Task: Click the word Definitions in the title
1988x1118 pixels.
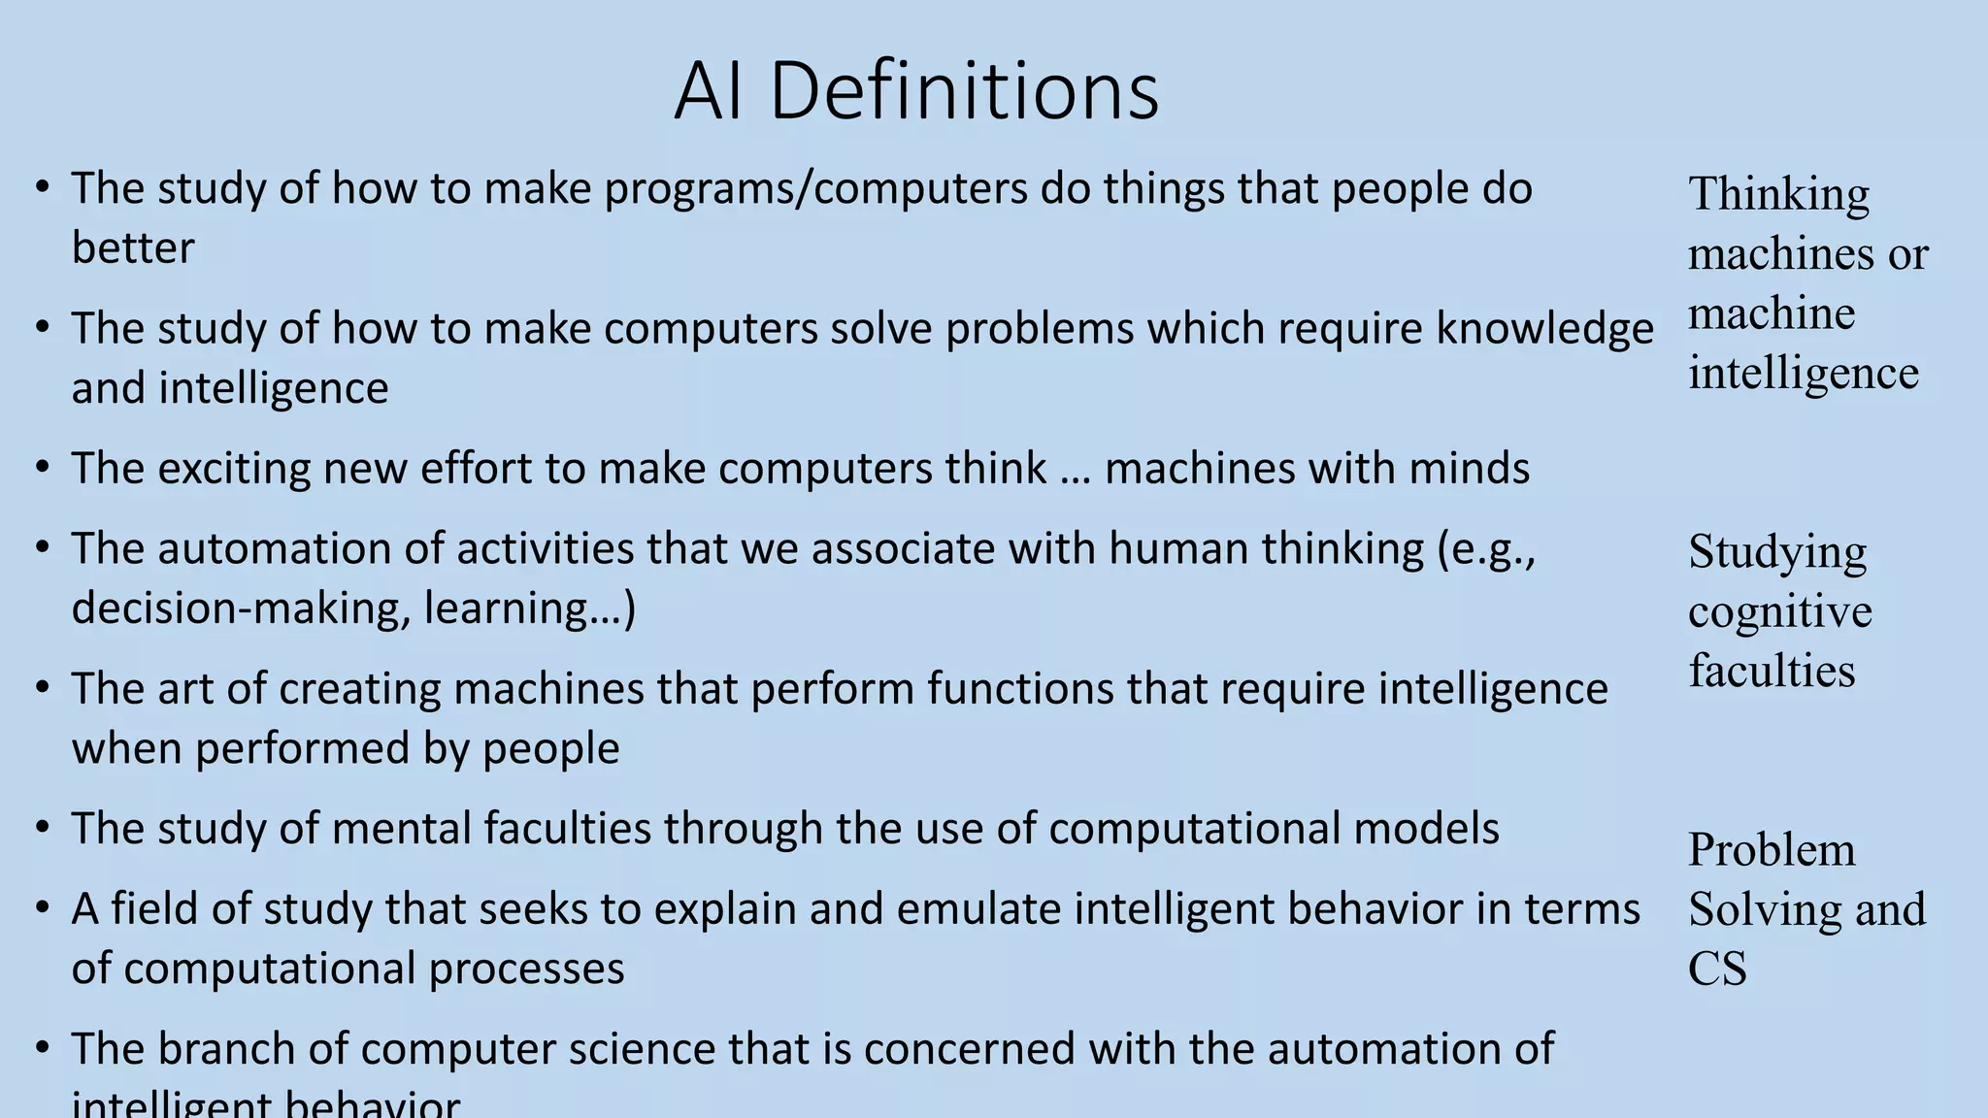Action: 964,92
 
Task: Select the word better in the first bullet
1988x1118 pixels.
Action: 133,248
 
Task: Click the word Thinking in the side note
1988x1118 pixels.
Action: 1778,194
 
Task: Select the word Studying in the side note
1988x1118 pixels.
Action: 1777,552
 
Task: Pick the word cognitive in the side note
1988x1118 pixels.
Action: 1779,612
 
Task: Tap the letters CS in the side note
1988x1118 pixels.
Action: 1717,970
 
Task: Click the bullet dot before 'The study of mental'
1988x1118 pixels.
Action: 42,829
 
